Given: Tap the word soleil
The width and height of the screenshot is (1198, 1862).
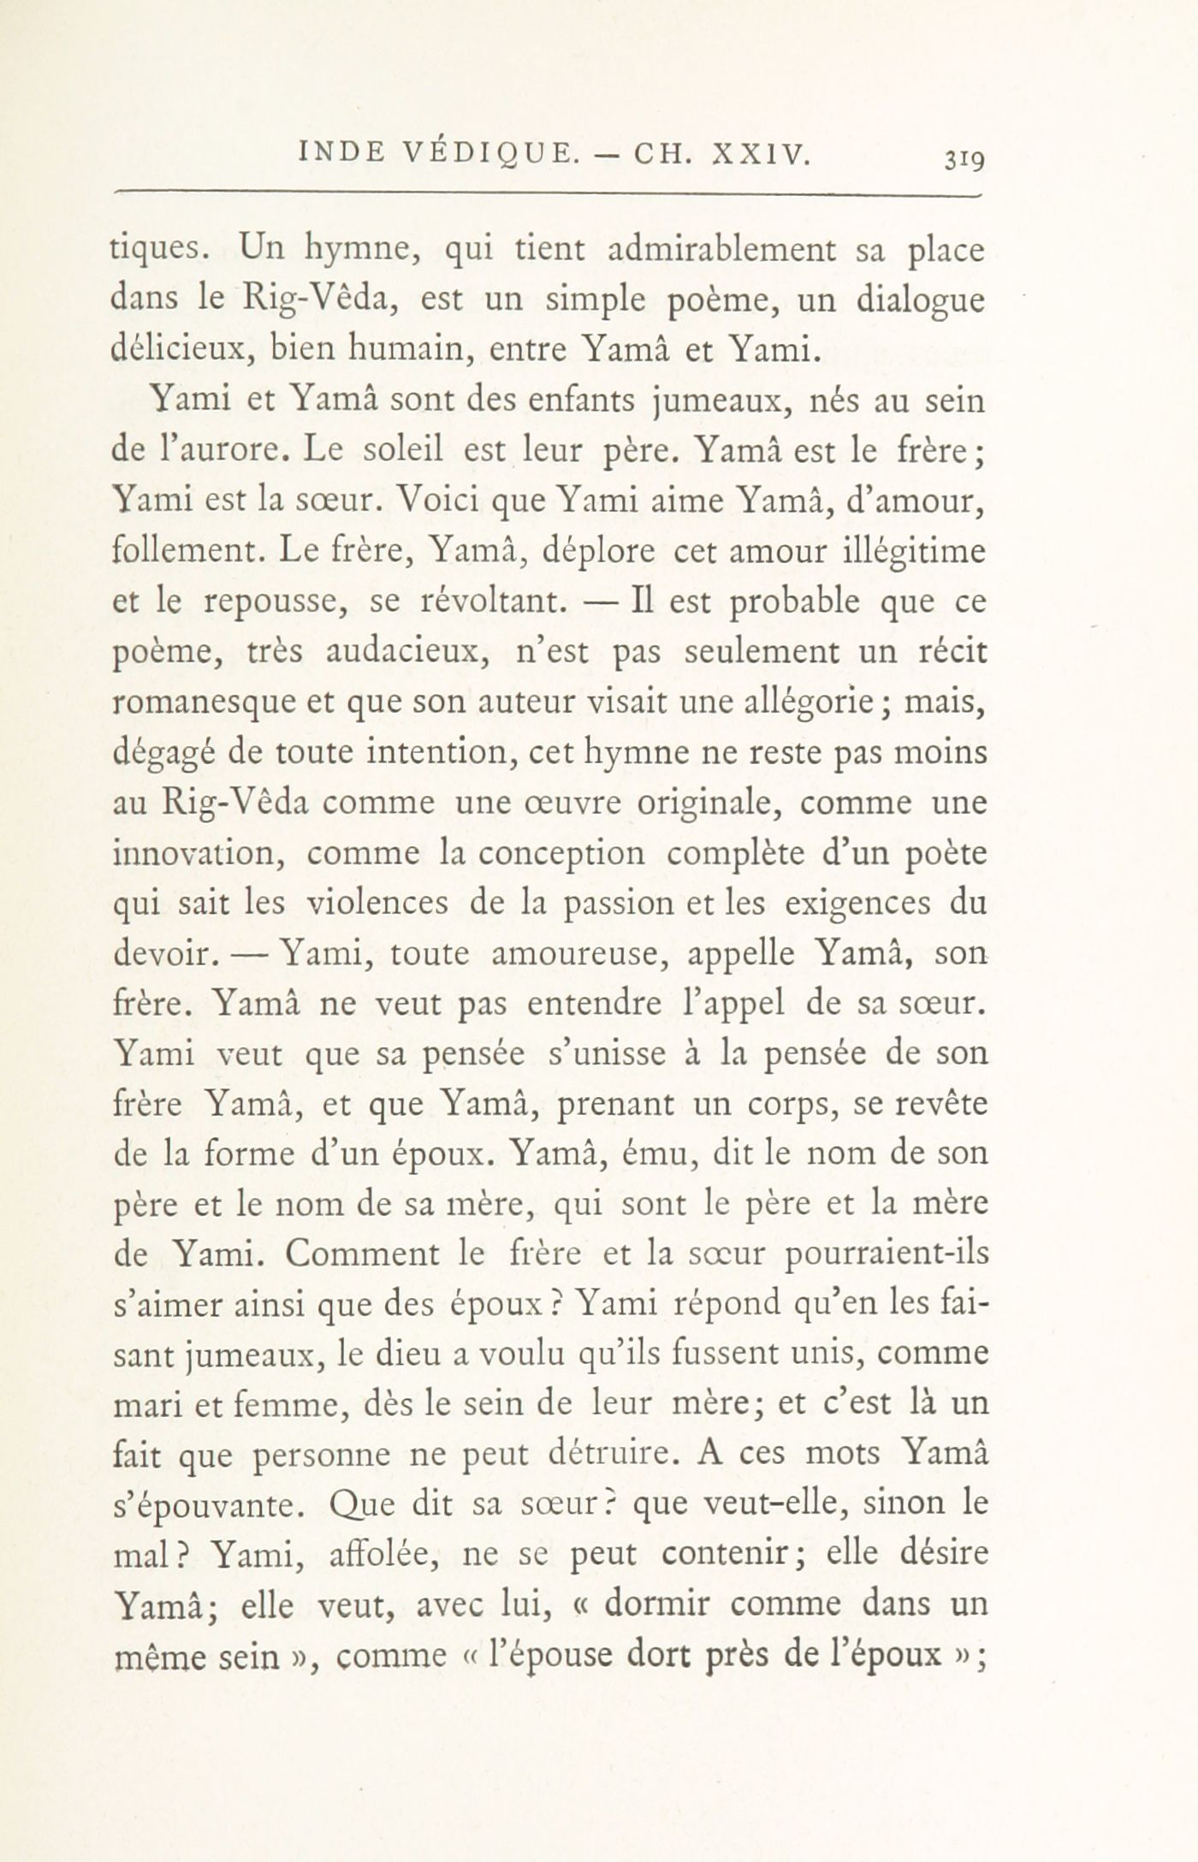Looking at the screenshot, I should point(393,451).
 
